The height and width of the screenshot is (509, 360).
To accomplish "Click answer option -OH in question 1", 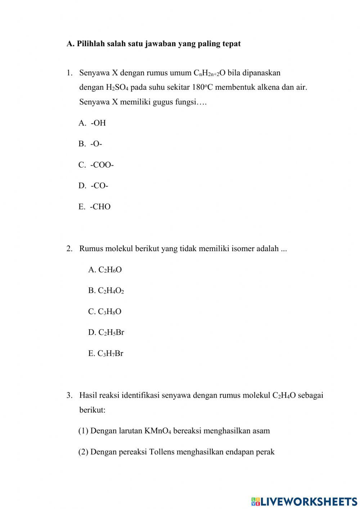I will pyautogui.click(x=98, y=123).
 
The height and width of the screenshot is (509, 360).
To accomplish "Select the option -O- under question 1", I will pyautogui.click(x=96, y=144).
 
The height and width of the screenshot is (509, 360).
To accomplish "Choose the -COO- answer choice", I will pyautogui.click(x=102, y=165).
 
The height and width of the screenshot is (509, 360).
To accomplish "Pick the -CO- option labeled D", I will pyautogui.click(x=99, y=186).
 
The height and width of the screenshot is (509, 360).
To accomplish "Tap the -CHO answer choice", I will pyautogui.click(x=100, y=207).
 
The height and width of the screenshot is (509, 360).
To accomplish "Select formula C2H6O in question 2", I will pyautogui.click(x=110, y=270).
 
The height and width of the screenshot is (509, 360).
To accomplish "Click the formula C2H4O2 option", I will pyautogui.click(x=111, y=291).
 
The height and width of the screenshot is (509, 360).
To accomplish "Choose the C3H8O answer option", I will pyautogui.click(x=109, y=312).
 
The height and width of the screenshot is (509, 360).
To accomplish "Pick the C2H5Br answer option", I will pyautogui.click(x=111, y=332).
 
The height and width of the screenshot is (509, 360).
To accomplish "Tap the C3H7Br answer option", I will pyautogui.click(x=110, y=353).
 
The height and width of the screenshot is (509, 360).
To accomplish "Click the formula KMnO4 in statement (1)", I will pyautogui.click(x=157, y=431).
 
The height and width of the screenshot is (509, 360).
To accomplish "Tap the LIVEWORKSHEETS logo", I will pyautogui.click(x=304, y=501).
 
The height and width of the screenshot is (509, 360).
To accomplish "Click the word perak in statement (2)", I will pyautogui.click(x=265, y=452).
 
